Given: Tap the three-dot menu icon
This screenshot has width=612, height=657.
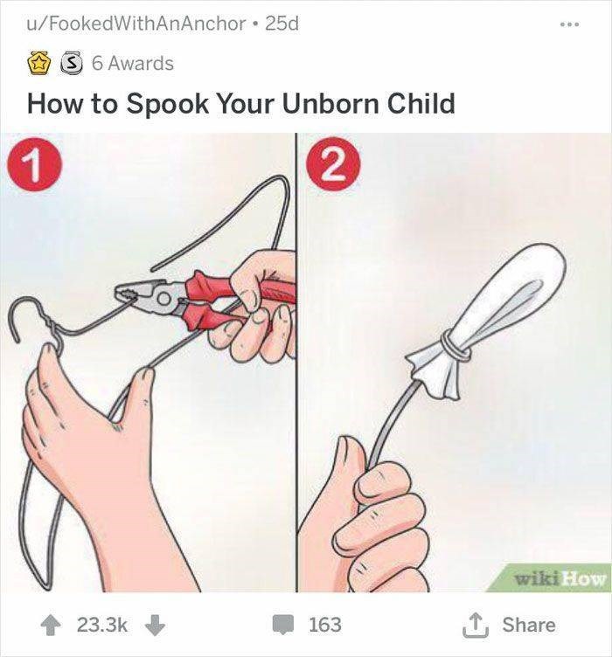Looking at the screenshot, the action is tap(570, 24).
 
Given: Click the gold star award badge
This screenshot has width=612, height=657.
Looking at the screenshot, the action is tap(38, 64).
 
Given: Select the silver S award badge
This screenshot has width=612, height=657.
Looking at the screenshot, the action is tap(72, 64).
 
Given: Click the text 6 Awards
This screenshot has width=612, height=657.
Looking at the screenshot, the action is tap(133, 64).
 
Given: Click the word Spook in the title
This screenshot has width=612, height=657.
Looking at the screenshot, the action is tap(167, 104).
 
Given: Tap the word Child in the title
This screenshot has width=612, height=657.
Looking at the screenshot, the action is tap(421, 103).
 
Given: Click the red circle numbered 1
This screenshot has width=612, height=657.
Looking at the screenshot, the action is tap(35, 164).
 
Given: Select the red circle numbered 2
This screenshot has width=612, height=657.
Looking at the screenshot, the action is tap(334, 164).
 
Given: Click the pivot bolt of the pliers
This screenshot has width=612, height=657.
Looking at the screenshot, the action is tap(163, 299).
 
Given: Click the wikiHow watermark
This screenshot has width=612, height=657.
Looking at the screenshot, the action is tap(560, 579).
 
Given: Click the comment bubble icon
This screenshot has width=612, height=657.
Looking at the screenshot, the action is tap(283, 625).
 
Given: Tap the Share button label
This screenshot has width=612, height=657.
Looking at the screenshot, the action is tap(529, 625).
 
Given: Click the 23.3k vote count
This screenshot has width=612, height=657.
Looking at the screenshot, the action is tap(101, 625).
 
